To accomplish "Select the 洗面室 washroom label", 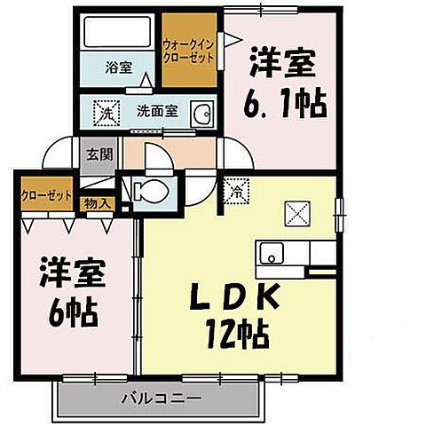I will coord(156,112).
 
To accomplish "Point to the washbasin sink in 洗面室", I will coord(202,114).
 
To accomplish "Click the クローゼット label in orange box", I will coord(45,195).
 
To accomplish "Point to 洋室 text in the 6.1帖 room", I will coord(284,65).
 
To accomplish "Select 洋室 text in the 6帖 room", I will coord(72,272).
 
